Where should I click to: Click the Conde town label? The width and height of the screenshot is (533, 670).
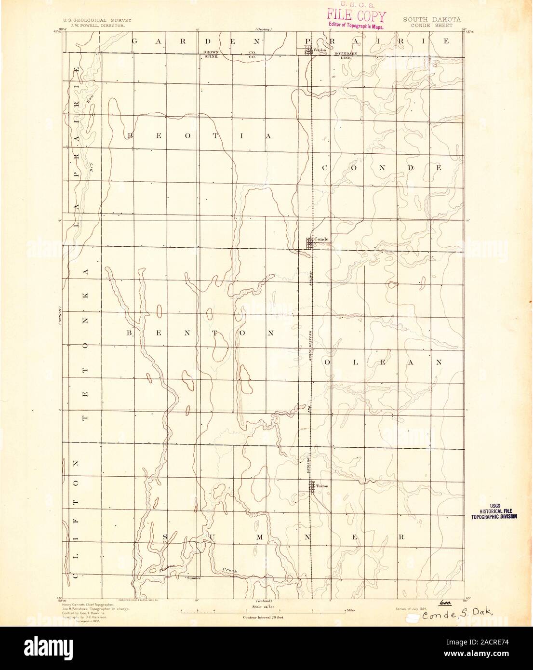coord(321,239)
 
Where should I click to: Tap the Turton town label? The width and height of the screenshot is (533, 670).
coord(322,486)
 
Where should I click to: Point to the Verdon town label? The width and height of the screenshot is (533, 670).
coord(320,50)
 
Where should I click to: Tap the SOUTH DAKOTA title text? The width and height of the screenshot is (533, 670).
coord(432,20)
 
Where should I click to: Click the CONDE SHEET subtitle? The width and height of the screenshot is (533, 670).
coord(432,25)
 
